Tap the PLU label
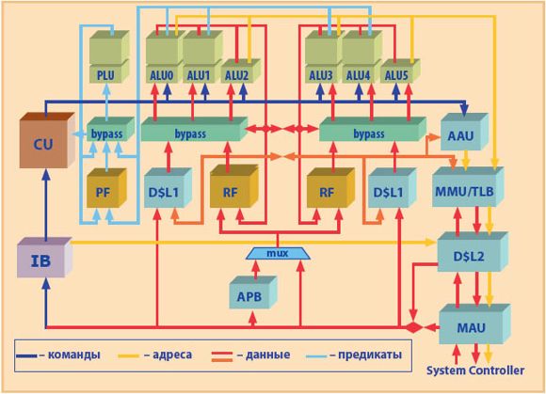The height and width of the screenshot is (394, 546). click(105, 75)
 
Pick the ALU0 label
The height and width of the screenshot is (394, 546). click(162, 75)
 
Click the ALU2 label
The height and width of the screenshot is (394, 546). click(237, 75)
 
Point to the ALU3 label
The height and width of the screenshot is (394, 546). click(321, 75)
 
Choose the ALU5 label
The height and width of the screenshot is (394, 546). click(396, 75)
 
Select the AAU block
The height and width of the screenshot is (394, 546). click(464, 132)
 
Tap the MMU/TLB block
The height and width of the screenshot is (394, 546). click(468, 187)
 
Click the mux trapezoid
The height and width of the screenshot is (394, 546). click(278, 254)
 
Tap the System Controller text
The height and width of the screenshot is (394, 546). click(475, 370)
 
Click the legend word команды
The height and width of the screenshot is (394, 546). click(74, 355)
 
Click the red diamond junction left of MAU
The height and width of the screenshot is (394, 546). click(413, 327)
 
